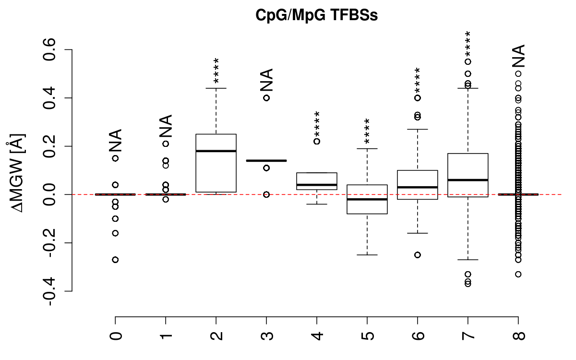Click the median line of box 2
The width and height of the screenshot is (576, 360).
point(216,151)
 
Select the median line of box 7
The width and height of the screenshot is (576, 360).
point(468,180)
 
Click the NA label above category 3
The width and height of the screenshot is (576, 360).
point(266,80)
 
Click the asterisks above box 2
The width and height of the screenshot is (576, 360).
point(216,71)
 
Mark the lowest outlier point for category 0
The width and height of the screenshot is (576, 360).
point(116,260)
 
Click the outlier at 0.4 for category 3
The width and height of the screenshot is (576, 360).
point(266,98)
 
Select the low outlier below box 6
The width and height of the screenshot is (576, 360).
point(418,255)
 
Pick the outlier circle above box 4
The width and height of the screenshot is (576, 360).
point(317,141)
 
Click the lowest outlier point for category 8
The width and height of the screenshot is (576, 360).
point(518,274)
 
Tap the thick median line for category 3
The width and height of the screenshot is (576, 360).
point(266,160)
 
